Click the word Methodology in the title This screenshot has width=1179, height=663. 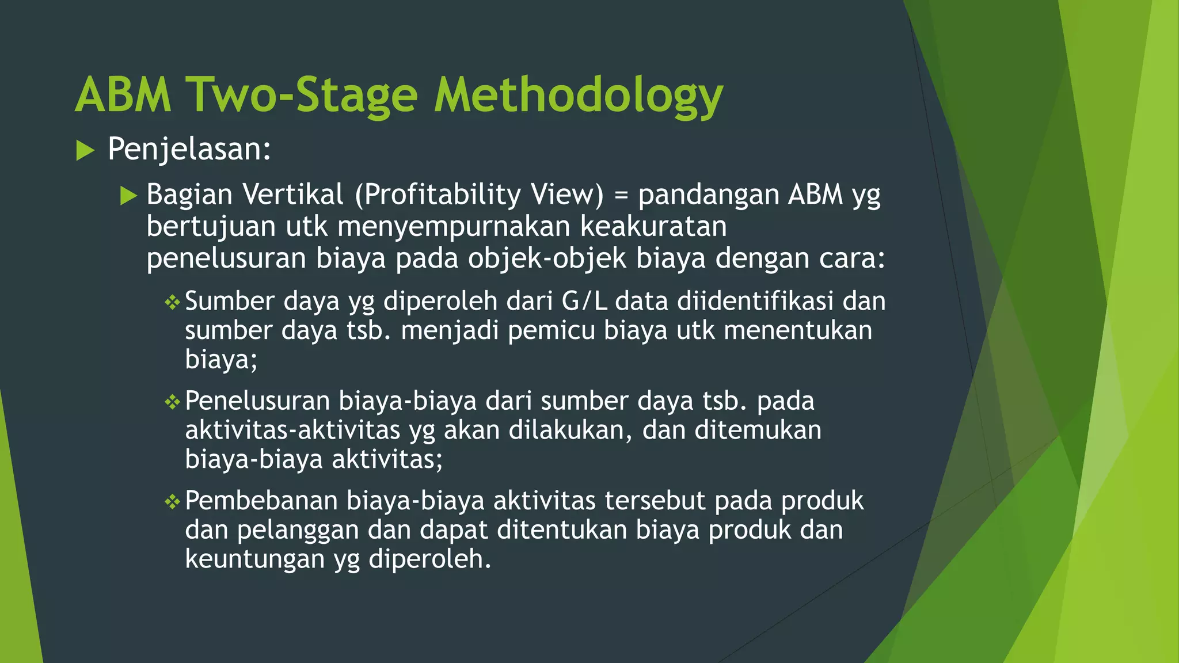tap(578, 96)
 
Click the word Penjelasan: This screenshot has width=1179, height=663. tap(189, 150)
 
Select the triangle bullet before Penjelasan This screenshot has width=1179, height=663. tap(85, 151)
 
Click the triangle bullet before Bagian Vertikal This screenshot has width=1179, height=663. tap(128, 196)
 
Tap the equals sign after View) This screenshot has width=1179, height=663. tap(621, 196)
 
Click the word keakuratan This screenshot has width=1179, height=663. tap(653, 226)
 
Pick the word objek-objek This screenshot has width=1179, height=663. tap(546, 258)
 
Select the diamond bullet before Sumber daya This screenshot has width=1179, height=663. tap(172, 302)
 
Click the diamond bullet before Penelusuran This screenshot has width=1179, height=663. tap(172, 402)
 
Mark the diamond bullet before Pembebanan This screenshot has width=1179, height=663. tap(172, 502)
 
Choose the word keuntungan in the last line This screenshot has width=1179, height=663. tap(254, 559)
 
